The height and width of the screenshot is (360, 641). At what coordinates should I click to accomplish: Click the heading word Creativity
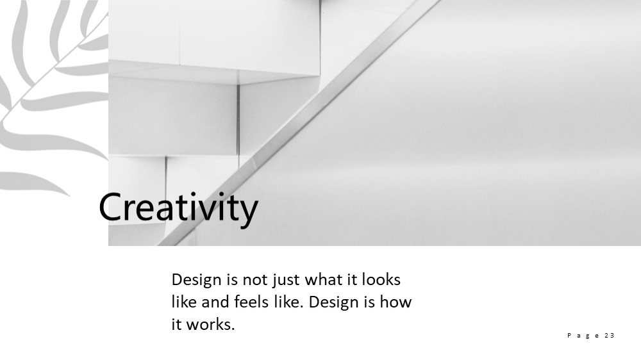point(178,208)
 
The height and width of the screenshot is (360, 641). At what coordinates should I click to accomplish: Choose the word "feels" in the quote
point(249,302)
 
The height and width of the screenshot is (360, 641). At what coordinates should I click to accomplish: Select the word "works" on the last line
point(210,325)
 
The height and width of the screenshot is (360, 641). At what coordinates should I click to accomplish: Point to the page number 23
point(609,336)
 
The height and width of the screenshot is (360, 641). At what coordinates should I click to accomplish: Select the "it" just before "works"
point(176,325)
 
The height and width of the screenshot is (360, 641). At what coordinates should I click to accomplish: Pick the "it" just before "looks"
point(353,279)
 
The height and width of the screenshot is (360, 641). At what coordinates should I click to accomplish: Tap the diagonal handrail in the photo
point(299,122)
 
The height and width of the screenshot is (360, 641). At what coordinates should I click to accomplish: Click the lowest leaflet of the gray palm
point(33,182)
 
